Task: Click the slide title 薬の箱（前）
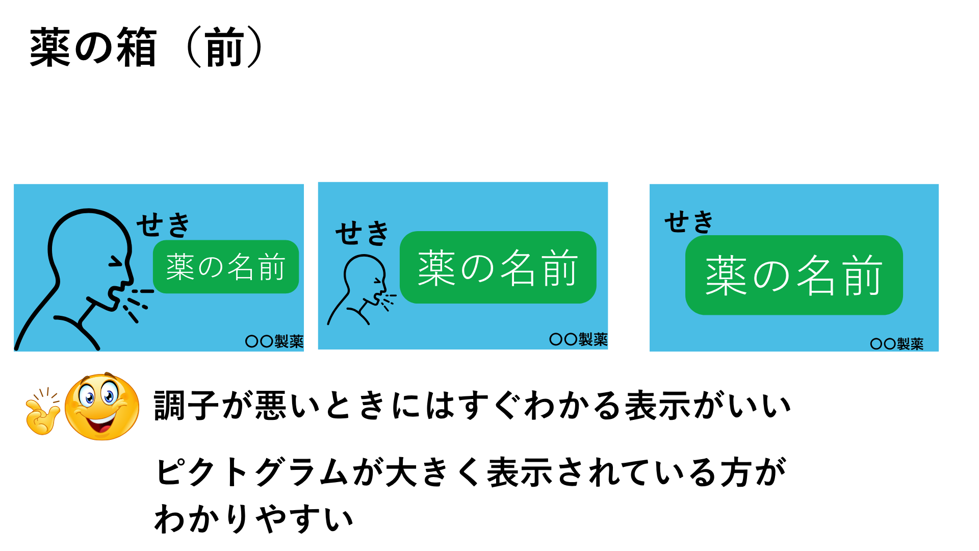pyautogui.click(x=147, y=48)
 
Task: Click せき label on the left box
pyautogui.click(x=163, y=225)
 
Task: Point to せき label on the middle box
pyautogui.click(x=362, y=233)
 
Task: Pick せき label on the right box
pyautogui.click(x=689, y=222)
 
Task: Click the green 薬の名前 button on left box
pyautogui.click(x=226, y=267)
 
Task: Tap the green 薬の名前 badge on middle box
pyautogui.click(x=498, y=267)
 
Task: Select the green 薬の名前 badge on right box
pyautogui.click(x=794, y=275)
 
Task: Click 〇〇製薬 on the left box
pyautogui.click(x=274, y=341)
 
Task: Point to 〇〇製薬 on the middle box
pyautogui.click(x=578, y=339)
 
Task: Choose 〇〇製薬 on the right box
pyautogui.click(x=897, y=344)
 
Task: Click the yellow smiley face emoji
pyautogui.click(x=102, y=407)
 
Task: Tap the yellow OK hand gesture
pyautogui.click(x=43, y=412)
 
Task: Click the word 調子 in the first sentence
pyautogui.click(x=187, y=406)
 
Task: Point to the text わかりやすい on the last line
pyautogui.click(x=254, y=519)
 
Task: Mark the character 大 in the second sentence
pyautogui.click(x=401, y=472)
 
